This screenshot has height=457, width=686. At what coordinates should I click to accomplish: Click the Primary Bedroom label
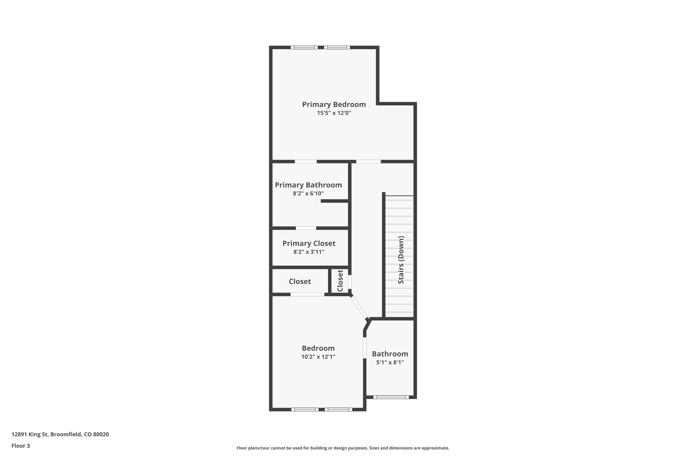(x=334, y=104)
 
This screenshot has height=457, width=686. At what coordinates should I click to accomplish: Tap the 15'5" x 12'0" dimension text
(x=334, y=113)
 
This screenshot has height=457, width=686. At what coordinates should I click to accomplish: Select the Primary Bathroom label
(x=308, y=185)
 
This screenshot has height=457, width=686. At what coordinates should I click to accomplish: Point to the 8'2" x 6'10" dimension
(x=308, y=194)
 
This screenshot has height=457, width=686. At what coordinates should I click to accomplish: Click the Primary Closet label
(x=309, y=243)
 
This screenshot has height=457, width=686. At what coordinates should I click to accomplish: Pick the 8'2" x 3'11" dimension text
(x=309, y=252)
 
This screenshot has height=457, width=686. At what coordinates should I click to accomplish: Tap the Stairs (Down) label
(x=401, y=260)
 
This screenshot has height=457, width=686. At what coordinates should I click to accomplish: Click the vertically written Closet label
(x=340, y=281)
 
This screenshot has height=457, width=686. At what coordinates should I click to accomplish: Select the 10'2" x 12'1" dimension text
(x=318, y=357)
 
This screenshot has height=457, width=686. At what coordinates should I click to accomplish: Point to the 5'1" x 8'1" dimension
(x=390, y=362)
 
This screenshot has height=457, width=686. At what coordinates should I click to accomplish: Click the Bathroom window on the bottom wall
(x=391, y=397)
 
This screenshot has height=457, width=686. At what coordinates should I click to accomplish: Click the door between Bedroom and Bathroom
(x=364, y=348)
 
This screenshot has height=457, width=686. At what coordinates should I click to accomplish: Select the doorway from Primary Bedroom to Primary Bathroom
(x=305, y=162)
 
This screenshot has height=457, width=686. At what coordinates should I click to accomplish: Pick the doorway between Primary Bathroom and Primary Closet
(x=306, y=228)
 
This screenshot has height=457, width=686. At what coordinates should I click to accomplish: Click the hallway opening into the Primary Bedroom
(x=368, y=162)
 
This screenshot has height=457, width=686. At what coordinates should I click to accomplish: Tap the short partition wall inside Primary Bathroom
(x=335, y=201)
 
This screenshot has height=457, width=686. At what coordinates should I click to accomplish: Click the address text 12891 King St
(x=60, y=435)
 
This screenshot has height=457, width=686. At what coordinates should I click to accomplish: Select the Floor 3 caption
(x=21, y=446)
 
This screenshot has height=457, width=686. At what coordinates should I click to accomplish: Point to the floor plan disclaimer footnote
(x=343, y=448)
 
